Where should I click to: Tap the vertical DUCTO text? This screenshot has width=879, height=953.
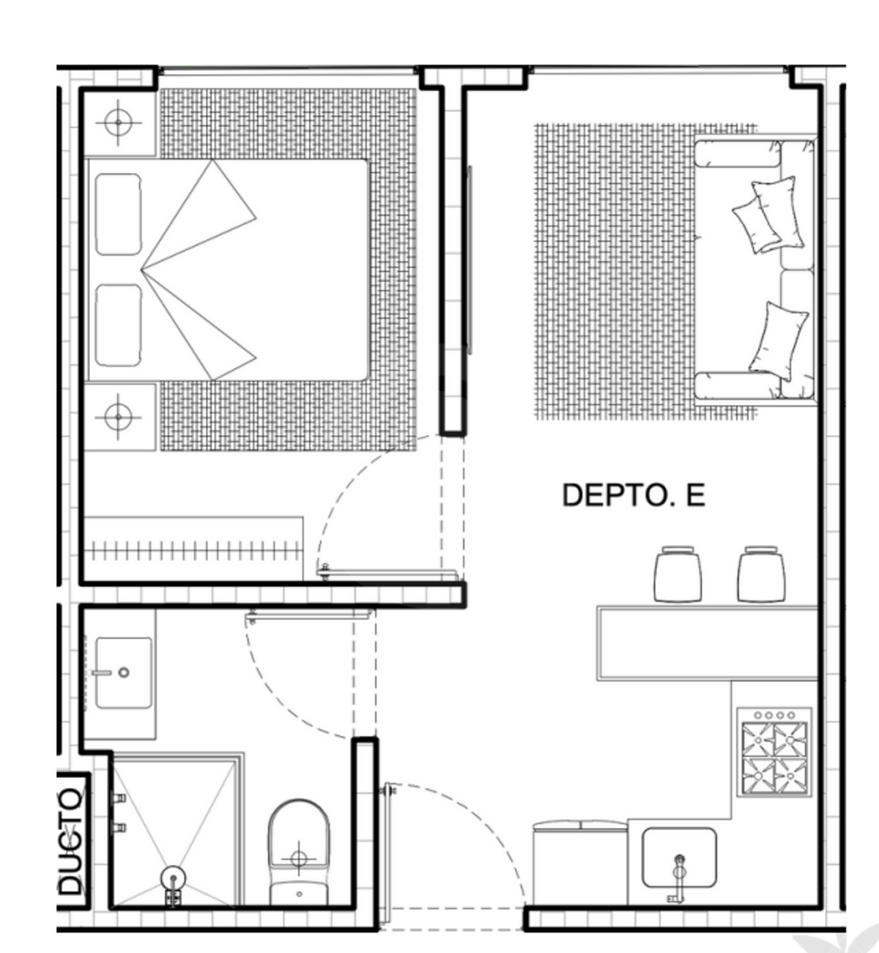[71, 842]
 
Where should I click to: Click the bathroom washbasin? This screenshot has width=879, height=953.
[124, 672]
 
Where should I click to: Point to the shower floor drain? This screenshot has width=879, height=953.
[174, 879]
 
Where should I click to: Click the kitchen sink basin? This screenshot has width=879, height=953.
[679, 857]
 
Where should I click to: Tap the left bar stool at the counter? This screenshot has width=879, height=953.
[678, 574]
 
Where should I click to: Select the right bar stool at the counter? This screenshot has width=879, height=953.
[761, 574]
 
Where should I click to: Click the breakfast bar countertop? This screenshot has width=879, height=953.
[708, 643]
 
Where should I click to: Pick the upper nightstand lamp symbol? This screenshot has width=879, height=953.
[119, 122]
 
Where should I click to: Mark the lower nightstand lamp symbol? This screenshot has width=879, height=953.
[118, 417]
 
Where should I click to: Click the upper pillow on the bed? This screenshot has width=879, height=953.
[118, 215]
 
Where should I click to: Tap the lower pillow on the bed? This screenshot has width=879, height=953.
[118, 326]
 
